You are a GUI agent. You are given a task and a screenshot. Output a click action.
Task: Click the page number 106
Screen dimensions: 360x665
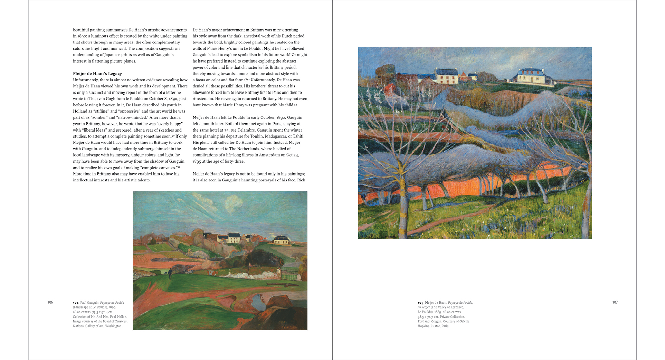(x=50, y=302)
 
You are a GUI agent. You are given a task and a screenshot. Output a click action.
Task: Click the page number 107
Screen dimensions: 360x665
(x=615, y=302)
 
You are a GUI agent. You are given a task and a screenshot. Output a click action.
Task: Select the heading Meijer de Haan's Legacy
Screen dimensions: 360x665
(x=97, y=74)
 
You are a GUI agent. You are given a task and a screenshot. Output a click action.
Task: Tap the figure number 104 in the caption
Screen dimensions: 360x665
(x=76, y=303)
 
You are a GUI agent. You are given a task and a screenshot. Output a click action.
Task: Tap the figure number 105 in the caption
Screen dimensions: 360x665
(x=420, y=303)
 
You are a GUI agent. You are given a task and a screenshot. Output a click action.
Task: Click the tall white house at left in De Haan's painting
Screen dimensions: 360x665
(x=446, y=76)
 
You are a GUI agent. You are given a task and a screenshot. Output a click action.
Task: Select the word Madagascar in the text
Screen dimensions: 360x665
(x=272, y=136)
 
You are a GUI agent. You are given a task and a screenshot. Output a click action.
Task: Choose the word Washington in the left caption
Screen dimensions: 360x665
(x=113, y=326)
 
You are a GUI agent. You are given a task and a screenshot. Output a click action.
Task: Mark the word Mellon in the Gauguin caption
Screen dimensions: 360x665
(x=122, y=317)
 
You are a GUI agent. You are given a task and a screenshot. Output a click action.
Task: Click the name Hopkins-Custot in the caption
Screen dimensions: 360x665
(x=429, y=326)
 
